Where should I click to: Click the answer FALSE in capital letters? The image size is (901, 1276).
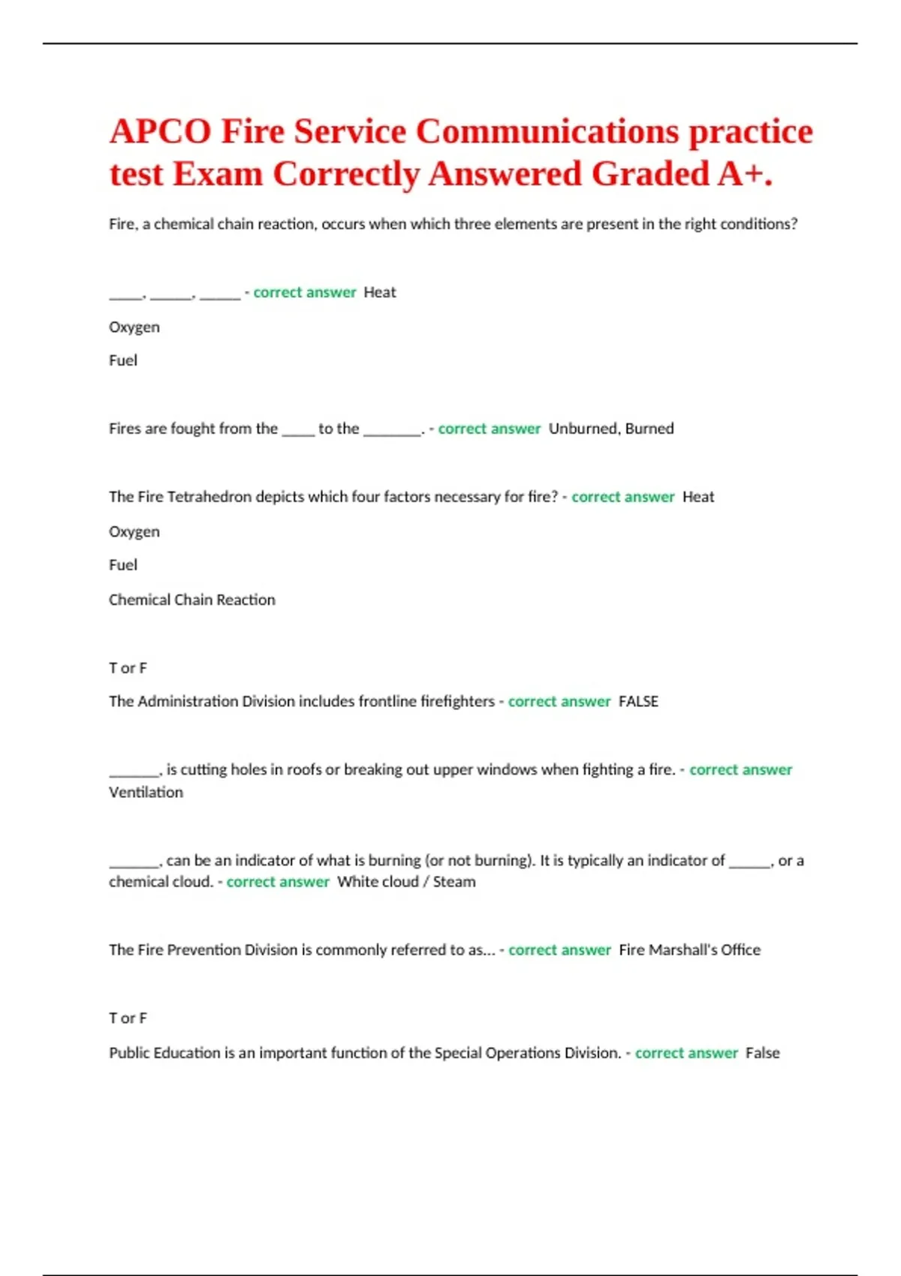click(638, 702)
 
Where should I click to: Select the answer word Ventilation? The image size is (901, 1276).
click(146, 793)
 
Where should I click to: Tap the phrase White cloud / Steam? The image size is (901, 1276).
click(406, 882)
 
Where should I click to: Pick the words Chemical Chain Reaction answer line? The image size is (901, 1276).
click(191, 600)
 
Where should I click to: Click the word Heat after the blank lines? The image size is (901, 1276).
click(379, 293)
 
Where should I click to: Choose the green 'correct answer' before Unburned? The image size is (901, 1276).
click(489, 429)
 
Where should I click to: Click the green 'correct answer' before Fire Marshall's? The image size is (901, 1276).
click(559, 950)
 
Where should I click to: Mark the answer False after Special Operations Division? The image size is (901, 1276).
click(762, 1053)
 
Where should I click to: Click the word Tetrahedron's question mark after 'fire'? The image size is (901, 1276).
click(555, 497)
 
